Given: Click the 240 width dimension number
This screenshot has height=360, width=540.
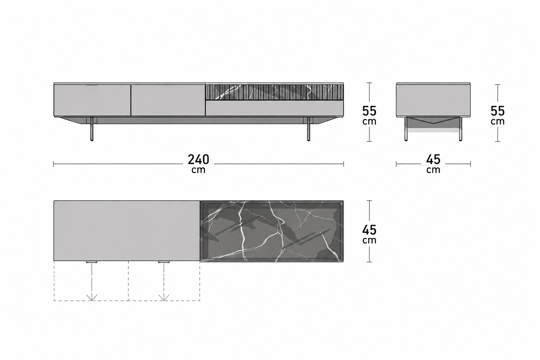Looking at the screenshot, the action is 198,159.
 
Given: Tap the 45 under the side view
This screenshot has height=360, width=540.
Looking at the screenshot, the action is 433,159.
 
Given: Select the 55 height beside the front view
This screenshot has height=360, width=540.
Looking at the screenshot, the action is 369,111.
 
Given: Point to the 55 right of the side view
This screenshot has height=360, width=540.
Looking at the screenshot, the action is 497,111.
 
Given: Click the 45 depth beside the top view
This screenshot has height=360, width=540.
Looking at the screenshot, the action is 369,230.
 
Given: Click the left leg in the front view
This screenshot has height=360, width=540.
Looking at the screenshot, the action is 92,129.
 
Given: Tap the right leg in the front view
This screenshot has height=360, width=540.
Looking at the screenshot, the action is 309,129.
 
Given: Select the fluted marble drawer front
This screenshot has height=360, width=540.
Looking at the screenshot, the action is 274,92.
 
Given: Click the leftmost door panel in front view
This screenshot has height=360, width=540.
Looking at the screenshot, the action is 92,100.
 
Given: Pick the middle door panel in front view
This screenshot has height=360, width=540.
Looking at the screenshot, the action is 168,100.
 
